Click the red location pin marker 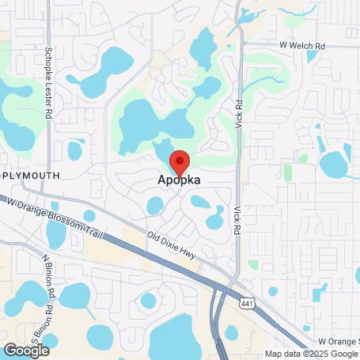[179, 161]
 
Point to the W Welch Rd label [302, 45]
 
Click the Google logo [26, 350]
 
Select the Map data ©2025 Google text [312, 354]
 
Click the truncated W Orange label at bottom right [337, 341]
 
